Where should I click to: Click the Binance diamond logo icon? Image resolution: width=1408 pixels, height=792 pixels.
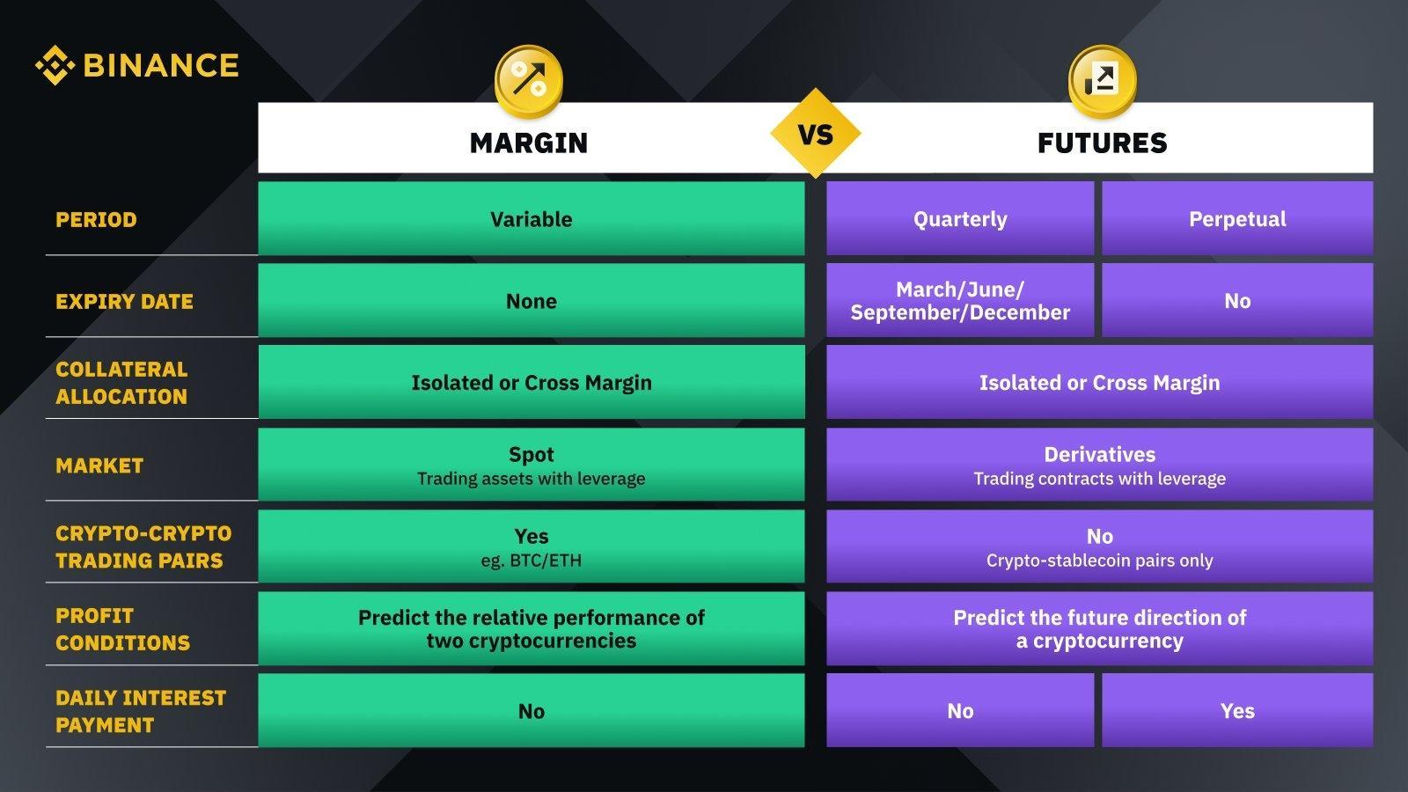55,65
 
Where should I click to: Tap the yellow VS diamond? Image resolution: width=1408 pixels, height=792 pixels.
815,133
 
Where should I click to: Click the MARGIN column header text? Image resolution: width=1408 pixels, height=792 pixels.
529,143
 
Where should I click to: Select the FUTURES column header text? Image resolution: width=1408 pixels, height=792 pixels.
1102,143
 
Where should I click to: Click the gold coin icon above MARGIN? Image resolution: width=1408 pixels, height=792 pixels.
529,81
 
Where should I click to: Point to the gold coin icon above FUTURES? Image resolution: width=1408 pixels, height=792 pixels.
1102,81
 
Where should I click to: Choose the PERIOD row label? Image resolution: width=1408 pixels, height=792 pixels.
96,220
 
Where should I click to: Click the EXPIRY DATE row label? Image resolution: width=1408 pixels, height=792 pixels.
124,302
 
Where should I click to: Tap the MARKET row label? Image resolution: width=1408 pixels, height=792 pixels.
99,466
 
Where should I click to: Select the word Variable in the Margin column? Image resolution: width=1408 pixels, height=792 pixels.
532,219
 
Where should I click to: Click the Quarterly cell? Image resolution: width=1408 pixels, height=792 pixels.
960,219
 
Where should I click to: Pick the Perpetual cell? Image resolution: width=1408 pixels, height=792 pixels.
1237,219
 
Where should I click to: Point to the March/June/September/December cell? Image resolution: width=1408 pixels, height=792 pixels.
960,300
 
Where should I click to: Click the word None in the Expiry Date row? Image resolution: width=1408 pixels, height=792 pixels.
532,301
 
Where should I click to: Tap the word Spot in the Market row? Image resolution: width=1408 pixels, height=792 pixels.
532,454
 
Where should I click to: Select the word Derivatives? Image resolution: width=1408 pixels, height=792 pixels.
1099,454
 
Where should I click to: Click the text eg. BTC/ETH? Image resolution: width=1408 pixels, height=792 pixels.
532,560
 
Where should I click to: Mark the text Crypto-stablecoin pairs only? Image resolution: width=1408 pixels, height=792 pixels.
1099,560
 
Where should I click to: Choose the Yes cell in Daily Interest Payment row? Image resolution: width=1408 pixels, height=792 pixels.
1237,710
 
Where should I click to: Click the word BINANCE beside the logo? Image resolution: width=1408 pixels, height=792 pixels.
161,65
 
